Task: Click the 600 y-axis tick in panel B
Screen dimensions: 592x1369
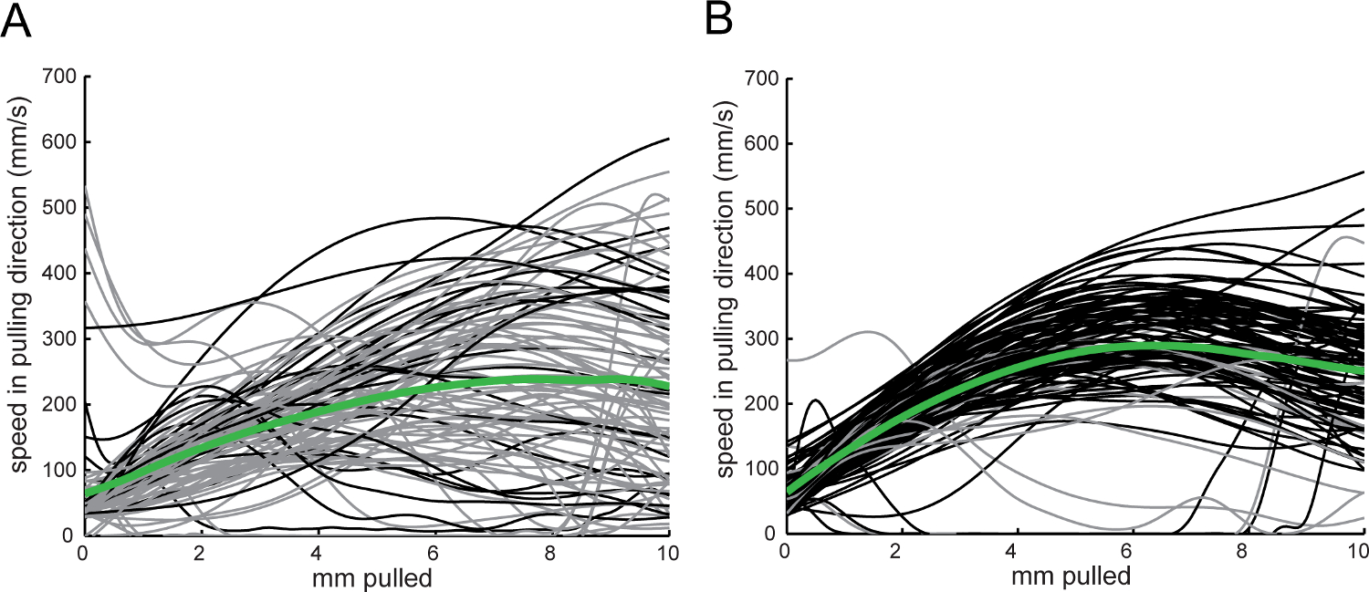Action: coord(760,143)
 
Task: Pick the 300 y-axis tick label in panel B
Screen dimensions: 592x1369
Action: coord(760,339)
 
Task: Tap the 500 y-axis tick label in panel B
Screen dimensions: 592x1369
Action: coord(760,209)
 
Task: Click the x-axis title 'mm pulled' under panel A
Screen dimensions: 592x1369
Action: coord(375,577)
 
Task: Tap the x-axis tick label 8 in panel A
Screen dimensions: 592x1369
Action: coord(551,553)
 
